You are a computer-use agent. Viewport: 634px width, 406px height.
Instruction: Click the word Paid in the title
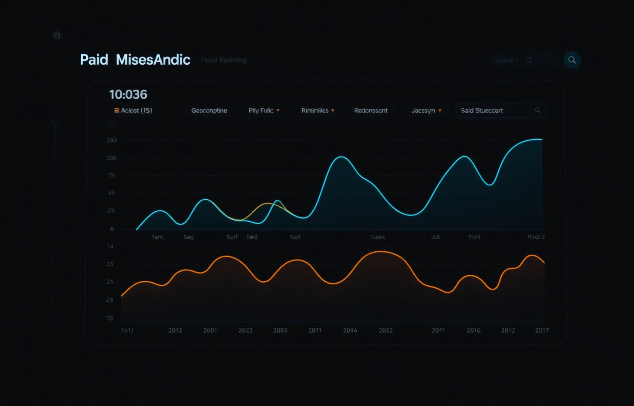[94, 60]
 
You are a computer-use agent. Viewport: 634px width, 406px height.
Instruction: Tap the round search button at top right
[572, 60]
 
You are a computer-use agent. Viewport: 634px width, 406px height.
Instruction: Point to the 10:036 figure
[128, 94]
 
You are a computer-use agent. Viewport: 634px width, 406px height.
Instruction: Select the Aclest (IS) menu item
[133, 111]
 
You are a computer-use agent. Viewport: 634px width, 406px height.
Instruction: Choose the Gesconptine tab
[209, 111]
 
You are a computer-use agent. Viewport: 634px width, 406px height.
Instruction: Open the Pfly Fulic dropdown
[264, 111]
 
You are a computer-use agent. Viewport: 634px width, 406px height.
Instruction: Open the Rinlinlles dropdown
[317, 111]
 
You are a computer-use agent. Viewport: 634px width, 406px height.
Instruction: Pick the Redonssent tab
[371, 111]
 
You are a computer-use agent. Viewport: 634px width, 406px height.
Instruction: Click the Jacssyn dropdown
[426, 111]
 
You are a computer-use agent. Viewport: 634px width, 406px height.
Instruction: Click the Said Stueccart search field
[500, 111]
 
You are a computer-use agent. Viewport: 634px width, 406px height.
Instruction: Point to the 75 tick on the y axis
[112, 176]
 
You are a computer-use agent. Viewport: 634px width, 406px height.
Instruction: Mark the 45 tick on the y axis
[111, 193]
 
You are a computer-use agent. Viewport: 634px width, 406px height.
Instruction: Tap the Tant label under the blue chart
[157, 237]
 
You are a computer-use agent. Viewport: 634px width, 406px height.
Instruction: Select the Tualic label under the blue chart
[378, 237]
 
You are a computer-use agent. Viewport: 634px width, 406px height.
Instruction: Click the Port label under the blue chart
[475, 237]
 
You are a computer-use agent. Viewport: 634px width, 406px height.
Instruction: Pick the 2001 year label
[210, 330]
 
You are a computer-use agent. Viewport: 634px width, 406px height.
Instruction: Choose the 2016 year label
[474, 330]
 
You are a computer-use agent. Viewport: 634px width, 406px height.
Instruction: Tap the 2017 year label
[542, 330]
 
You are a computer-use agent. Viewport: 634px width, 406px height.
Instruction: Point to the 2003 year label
[280, 330]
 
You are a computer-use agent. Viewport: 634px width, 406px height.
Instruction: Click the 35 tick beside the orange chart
[110, 264]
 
